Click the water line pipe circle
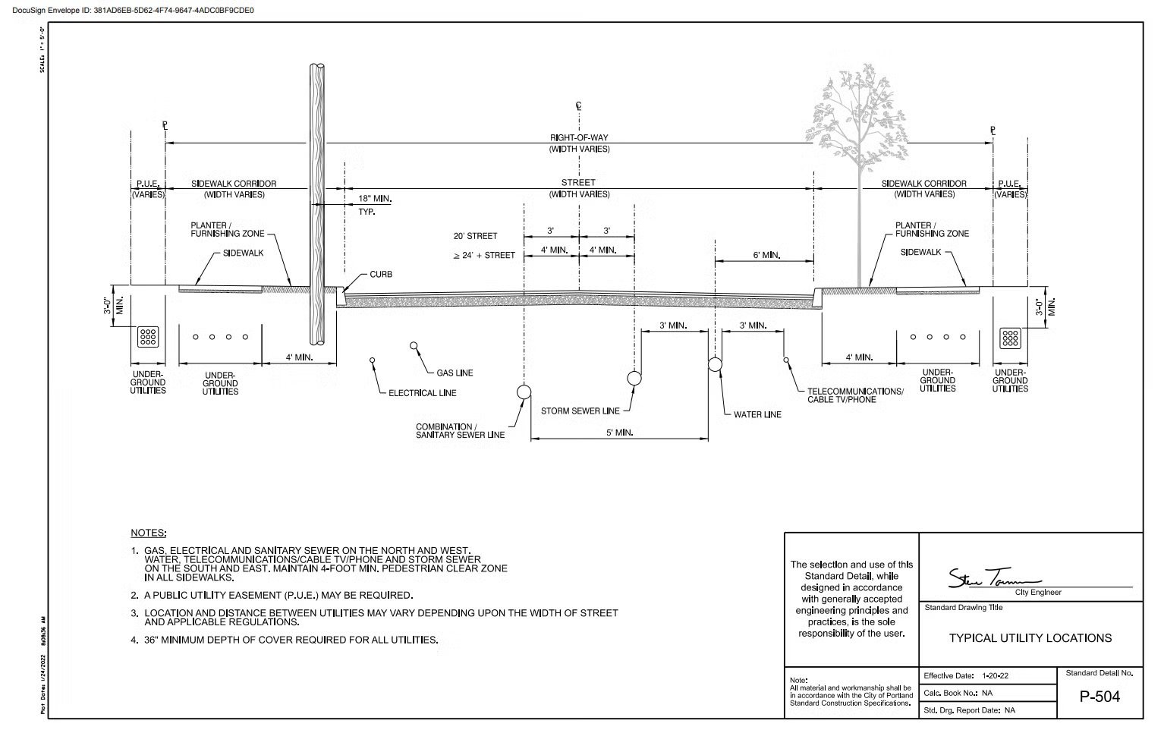(x=715, y=365)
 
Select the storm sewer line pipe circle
(x=634, y=378)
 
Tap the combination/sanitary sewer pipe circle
(x=524, y=392)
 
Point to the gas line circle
(x=414, y=346)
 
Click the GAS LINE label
(x=455, y=373)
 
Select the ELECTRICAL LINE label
(x=422, y=393)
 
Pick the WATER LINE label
(x=757, y=415)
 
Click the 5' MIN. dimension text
(x=619, y=433)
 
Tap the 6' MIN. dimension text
(x=766, y=256)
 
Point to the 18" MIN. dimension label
(x=375, y=199)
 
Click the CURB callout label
(x=381, y=275)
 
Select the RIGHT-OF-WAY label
(x=579, y=138)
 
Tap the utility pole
(x=318, y=205)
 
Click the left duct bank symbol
(x=147, y=337)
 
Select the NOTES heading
(x=148, y=533)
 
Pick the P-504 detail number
(x=1100, y=697)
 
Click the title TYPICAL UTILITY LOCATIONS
(x=1030, y=638)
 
